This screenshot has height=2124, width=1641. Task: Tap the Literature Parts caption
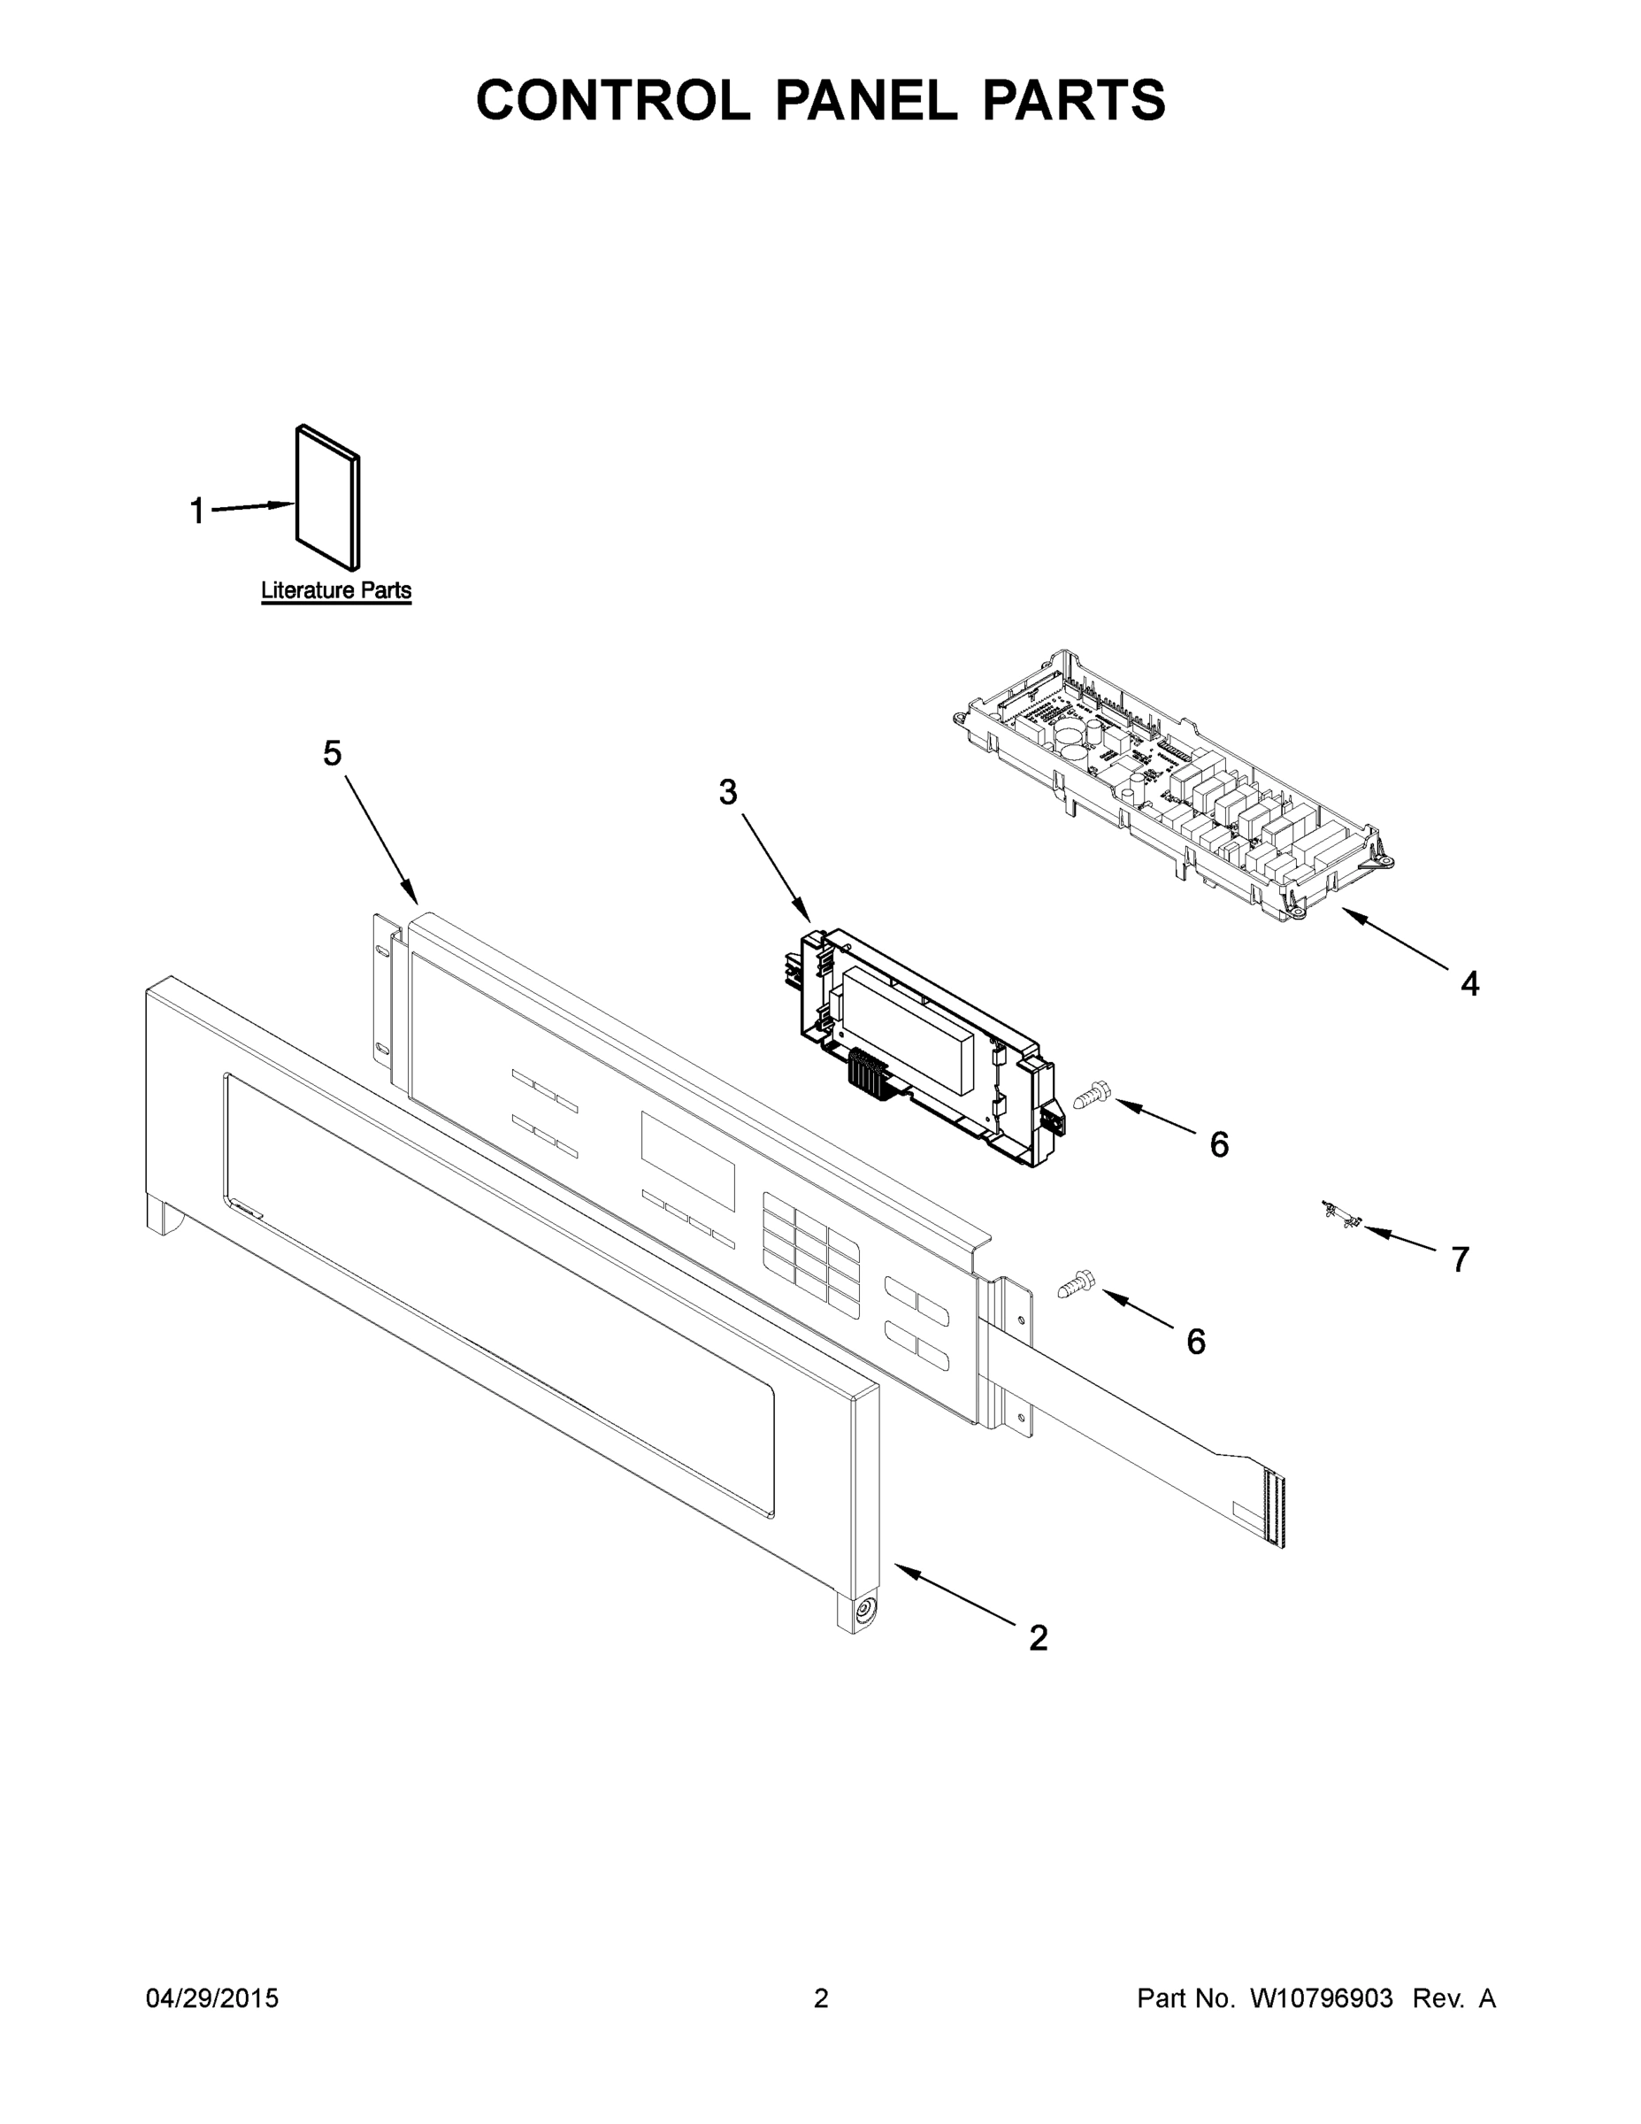pos(335,590)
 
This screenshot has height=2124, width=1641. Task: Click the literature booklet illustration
pos(327,497)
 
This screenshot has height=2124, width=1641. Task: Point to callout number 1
pos(197,510)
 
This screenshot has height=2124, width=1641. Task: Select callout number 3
pos(728,793)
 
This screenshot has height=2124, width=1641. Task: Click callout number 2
pos(1039,1638)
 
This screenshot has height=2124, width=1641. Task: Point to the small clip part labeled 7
pos(1342,1216)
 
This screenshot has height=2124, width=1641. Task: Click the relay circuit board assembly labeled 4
pos(1177,788)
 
